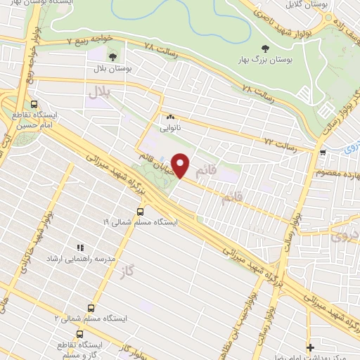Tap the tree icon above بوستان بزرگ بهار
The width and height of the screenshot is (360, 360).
264,48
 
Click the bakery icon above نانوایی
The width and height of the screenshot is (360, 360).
169,117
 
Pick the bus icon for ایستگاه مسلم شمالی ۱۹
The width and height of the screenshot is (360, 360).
140,210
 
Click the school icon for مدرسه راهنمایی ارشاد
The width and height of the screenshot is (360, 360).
79,248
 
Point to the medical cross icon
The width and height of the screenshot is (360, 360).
310,347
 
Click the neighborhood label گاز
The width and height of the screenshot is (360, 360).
126,271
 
